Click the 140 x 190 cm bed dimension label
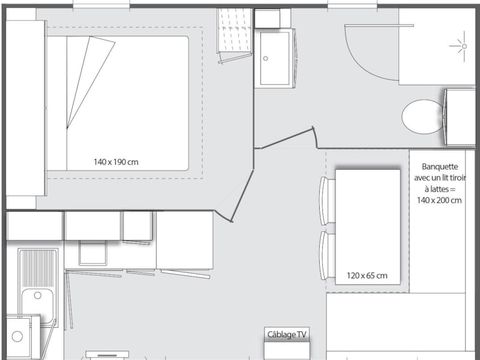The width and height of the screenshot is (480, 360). [x=116, y=162]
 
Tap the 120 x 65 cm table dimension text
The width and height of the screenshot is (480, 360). [x=367, y=276]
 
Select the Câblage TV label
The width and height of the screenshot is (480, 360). [x=287, y=334]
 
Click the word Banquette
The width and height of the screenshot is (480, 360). [x=440, y=166]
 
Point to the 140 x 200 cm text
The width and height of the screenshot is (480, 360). [x=439, y=200]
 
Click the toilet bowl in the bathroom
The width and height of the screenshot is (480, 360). [x=422, y=117]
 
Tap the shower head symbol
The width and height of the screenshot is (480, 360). [x=462, y=46]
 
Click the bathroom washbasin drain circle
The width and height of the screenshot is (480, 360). [x=266, y=58]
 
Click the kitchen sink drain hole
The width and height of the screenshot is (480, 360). [x=38, y=295]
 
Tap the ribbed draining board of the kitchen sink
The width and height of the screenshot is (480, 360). [x=38, y=269]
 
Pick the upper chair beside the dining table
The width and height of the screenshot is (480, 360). [x=327, y=201]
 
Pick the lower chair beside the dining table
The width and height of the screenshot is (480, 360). [x=327, y=255]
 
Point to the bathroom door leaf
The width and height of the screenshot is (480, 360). [x=284, y=138]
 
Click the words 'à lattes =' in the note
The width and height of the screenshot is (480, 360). [x=440, y=189]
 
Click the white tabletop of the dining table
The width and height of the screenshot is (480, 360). [x=368, y=227]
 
